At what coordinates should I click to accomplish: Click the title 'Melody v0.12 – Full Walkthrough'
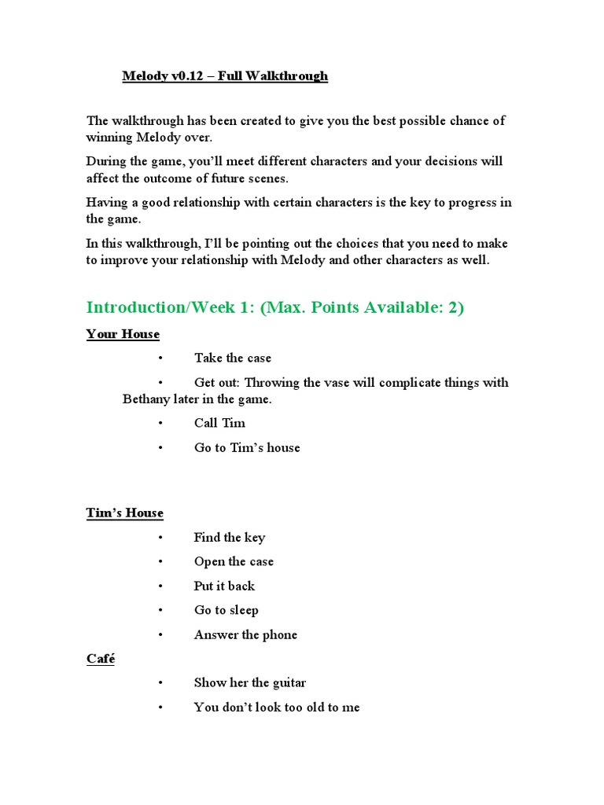225,76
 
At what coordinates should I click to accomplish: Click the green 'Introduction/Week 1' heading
275,307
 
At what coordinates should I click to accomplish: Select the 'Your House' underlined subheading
123,334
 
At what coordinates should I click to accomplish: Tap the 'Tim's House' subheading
125,513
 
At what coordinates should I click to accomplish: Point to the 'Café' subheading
101,659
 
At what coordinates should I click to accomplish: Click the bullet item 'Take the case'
232,358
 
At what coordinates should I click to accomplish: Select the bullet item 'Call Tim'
219,423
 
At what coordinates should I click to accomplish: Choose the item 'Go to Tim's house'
247,448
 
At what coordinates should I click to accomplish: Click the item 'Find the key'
230,538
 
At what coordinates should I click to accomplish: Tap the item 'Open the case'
234,562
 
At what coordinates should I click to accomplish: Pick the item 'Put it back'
224,586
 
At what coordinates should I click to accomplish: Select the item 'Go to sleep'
226,611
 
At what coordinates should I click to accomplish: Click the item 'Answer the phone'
245,635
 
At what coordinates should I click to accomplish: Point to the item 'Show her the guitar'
250,683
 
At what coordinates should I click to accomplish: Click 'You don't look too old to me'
277,708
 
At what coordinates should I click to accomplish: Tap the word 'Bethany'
147,399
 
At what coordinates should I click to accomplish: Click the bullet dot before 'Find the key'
159,538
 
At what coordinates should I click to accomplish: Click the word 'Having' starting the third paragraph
107,203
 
